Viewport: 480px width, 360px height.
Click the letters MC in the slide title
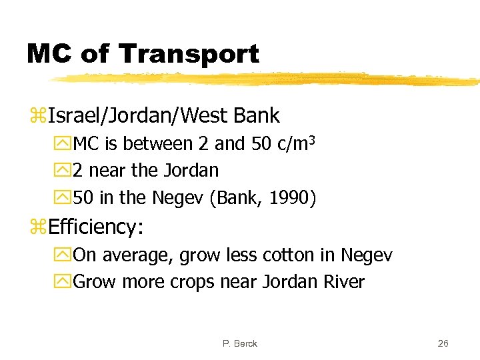pos(49,53)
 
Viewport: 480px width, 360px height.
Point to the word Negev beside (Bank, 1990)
pos(178,199)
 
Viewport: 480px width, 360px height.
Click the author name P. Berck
pos(240,343)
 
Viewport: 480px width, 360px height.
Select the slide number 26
pos(443,343)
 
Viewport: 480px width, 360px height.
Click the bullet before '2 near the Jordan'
pos(65,171)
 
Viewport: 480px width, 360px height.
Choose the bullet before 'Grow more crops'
pos(65,282)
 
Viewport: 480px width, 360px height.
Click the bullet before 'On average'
pos(65,255)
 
